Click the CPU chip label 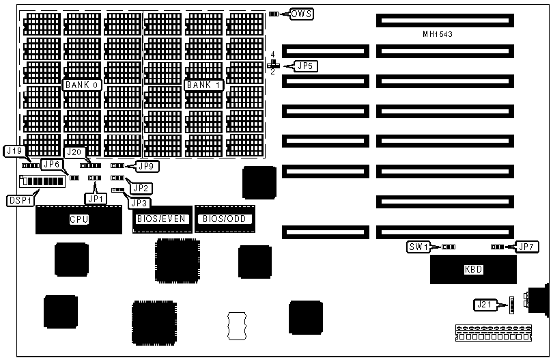pos(79,220)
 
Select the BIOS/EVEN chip pos(162,219)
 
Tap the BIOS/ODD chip pos(224,219)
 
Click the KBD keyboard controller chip pos(473,269)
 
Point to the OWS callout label pos(301,14)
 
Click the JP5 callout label pos(305,66)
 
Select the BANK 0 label pos(83,85)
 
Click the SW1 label pos(418,247)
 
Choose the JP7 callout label pos(526,247)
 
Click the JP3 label pos(140,203)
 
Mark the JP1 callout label pos(96,198)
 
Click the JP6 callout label pos(52,164)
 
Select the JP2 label pos(141,188)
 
